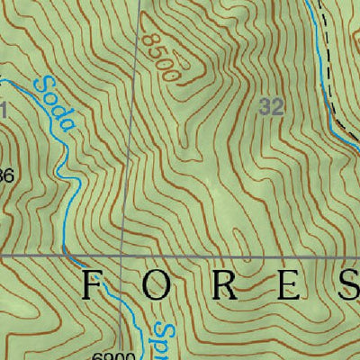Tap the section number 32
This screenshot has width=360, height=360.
[273, 107]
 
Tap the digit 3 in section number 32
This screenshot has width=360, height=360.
[266, 107]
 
